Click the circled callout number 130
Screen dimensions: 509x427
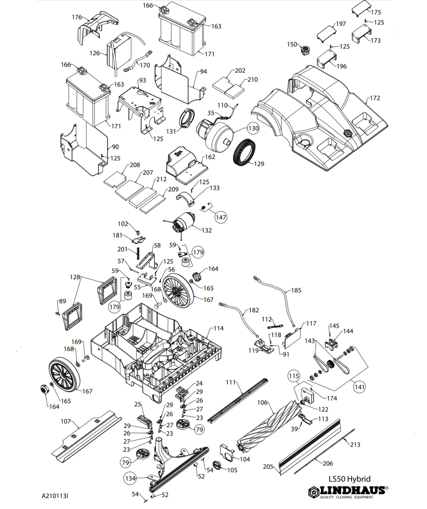point(253,128)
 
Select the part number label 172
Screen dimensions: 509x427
point(375,98)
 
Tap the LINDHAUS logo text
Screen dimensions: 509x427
point(352,491)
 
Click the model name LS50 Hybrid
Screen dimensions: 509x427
point(349,479)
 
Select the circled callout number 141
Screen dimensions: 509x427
point(359,387)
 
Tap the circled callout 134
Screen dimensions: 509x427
point(130,478)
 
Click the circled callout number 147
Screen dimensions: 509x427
point(221,217)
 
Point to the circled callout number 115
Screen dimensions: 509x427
point(294,376)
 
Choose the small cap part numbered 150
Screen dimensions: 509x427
point(306,51)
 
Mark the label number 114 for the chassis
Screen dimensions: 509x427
point(219,328)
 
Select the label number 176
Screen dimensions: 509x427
point(77,17)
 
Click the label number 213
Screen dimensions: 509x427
point(355,445)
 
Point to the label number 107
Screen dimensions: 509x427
point(66,421)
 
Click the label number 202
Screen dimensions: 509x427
point(240,70)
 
